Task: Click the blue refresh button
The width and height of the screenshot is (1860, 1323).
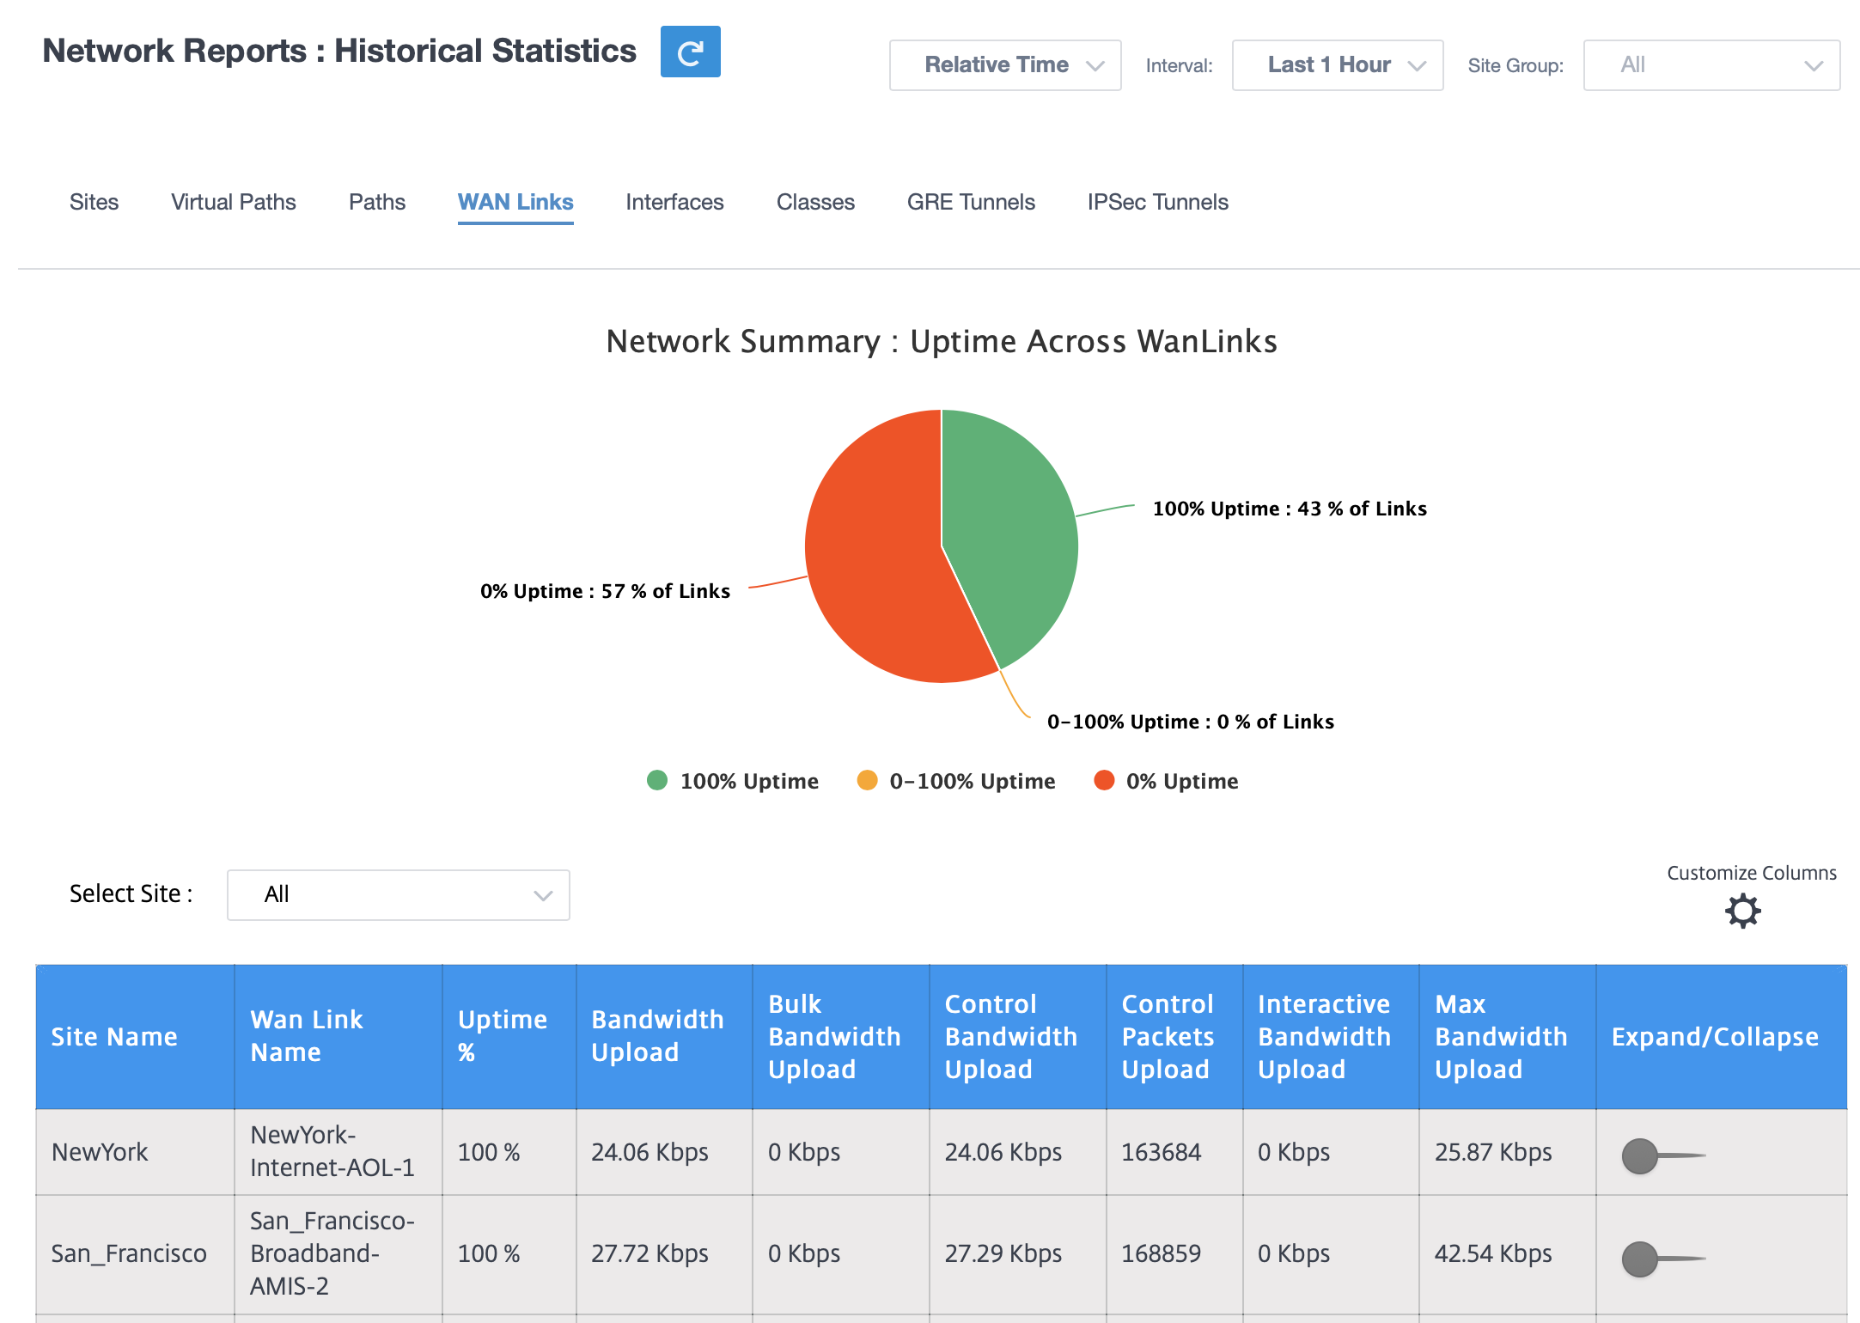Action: pyautogui.click(x=690, y=52)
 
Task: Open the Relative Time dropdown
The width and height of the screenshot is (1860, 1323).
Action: pyautogui.click(x=1005, y=65)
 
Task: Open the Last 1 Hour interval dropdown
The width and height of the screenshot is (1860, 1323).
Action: pyautogui.click(x=1338, y=65)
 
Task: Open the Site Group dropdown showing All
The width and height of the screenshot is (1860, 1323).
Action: pyautogui.click(x=1711, y=65)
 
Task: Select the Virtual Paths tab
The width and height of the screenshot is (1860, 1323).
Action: pyautogui.click(x=234, y=202)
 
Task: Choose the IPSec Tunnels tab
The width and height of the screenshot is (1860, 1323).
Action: pyautogui.click(x=1157, y=202)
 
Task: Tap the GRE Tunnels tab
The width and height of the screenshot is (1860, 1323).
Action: pyautogui.click(x=971, y=202)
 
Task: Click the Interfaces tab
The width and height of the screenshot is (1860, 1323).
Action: pyautogui.click(x=674, y=202)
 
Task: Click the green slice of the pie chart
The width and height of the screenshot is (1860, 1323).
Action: pyautogui.click(x=1014, y=524)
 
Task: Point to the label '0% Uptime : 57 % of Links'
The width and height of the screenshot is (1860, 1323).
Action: pyautogui.click(x=605, y=591)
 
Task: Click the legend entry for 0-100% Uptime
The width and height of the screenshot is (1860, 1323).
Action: pyautogui.click(x=956, y=781)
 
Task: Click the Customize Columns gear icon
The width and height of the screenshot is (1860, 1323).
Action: pyautogui.click(x=1743, y=911)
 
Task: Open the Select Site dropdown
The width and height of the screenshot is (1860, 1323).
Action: pyautogui.click(x=399, y=895)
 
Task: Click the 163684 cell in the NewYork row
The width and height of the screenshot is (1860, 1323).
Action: pyautogui.click(x=1162, y=1152)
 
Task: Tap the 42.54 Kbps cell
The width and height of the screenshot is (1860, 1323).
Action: pyautogui.click(x=1493, y=1253)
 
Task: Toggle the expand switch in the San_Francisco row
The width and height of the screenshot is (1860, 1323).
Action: pyautogui.click(x=1662, y=1259)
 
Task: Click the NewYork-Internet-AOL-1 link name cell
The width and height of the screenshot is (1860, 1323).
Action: pyautogui.click(x=332, y=1151)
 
